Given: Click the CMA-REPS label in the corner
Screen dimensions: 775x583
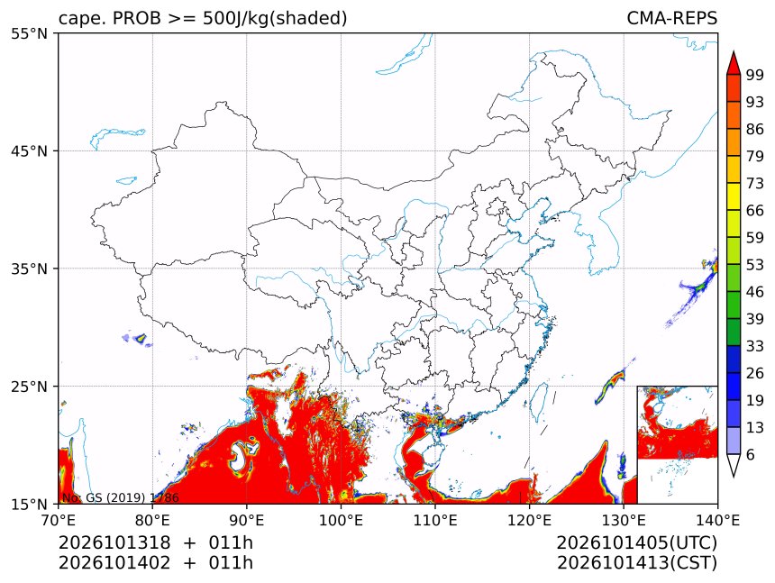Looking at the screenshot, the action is tap(671, 18).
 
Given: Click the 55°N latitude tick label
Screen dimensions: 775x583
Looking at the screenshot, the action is tap(29, 33).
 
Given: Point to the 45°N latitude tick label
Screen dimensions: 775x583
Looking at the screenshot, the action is tap(29, 150).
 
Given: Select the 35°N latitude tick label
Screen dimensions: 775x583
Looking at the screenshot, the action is tap(29, 269).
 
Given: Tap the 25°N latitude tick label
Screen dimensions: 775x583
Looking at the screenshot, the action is tap(29, 387).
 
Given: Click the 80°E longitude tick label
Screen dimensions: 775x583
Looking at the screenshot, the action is tap(152, 520).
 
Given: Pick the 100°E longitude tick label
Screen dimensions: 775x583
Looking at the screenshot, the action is tap(341, 520).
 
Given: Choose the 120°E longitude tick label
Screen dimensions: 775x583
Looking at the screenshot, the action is tap(529, 520).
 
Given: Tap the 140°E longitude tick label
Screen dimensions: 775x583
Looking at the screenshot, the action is tap(717, 520).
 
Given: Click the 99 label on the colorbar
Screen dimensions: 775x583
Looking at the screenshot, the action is tap(755, 75).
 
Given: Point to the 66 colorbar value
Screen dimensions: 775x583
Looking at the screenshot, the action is tap(755, 211).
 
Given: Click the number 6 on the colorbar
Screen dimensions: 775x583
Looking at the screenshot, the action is tap(751, 454).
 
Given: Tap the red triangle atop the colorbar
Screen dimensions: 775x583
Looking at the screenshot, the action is tap(734, 64).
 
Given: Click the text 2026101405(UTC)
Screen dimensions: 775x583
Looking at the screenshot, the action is tap(636, 543).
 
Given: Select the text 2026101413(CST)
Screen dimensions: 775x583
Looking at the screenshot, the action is tap(636, 563).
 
